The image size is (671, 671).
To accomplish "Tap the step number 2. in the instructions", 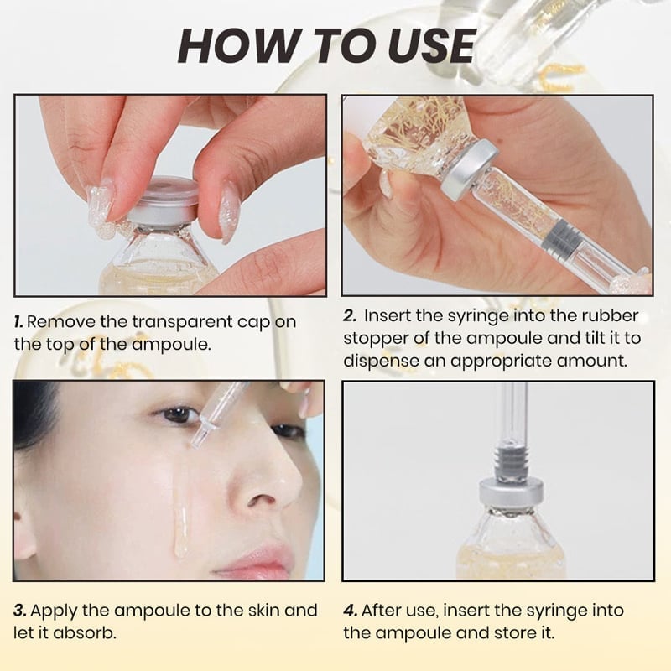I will pos(350,316).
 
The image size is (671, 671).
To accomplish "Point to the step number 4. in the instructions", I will pos(351,611).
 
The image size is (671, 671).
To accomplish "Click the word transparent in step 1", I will pos(170,322).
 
